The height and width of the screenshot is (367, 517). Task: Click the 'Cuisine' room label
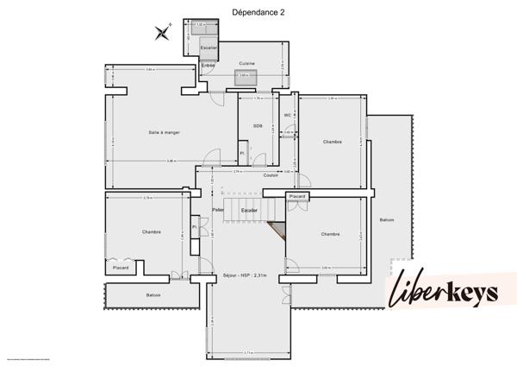pyautogui.click(x=246, y=63)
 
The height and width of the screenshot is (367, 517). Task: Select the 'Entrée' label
pyautogui.click(x=208, y=66)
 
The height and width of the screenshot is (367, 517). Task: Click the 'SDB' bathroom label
pyautogui.click(x=257, y=126)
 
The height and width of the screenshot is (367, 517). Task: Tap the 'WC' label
pyautogui.click(x=288, y=114)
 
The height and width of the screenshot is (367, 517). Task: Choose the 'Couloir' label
pyautogui.click(x=271, y=175)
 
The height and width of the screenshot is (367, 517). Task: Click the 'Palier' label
pyautogui.click(x=218, y=210)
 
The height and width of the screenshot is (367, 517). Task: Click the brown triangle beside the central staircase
pyautogui.click(x=277, y=230)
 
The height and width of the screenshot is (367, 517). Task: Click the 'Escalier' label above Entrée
pyautogui.click(x=208, y=47)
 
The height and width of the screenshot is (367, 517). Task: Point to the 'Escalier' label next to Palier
pyautogui.click(x=250, y=210)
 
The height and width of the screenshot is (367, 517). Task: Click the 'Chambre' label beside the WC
pyautogui.click(x=332, y=142)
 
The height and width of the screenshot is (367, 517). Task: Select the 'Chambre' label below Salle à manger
pyautogui.click(x=152, y=231)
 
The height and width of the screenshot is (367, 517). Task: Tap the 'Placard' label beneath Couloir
pyautogui.click(x=296, y=196)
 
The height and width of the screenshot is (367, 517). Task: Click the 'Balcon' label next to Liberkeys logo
pyautogui.click(x=386, y=219)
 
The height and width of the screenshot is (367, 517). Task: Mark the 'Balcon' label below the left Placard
pyautogui.click(x=153, y=295)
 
